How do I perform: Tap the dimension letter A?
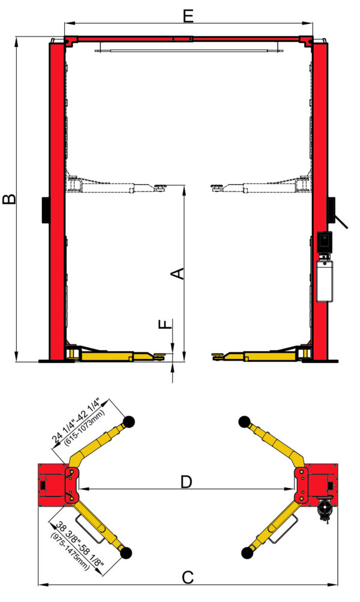click(178, 274)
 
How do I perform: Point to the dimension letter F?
click(165, 325)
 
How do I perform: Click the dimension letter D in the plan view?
click(187, 481)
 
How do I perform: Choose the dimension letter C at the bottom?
click(188, 578)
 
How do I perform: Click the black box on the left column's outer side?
click(45, 209)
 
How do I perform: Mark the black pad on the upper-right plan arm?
click(244, 420)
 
